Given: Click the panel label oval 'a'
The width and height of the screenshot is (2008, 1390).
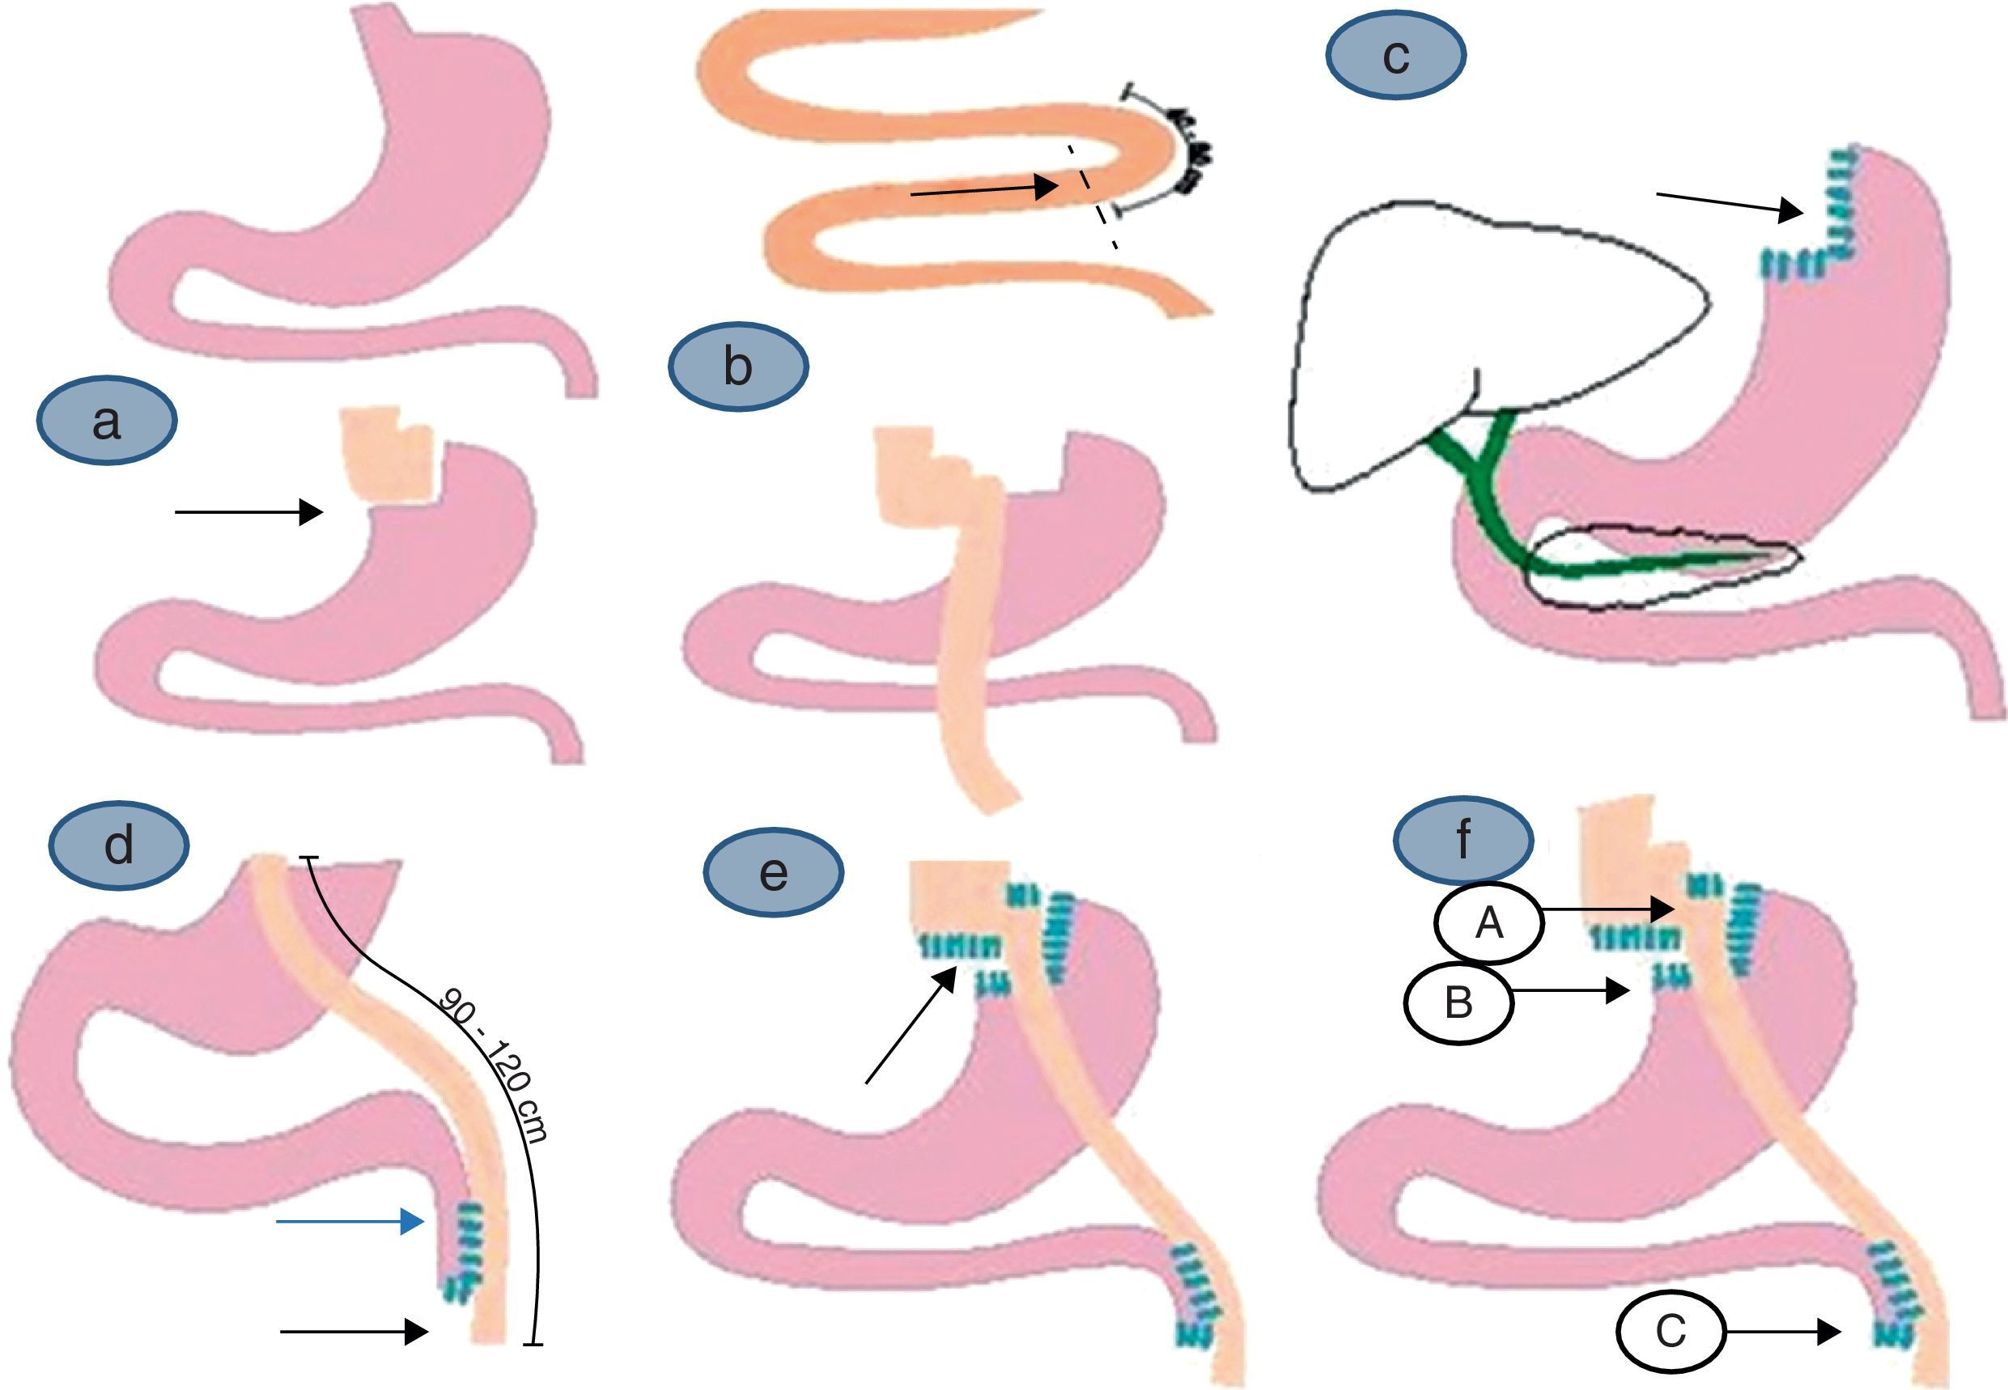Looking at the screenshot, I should click(x=106, y=421).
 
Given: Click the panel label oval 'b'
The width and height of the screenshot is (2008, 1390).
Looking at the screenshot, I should click(x=738, y=367).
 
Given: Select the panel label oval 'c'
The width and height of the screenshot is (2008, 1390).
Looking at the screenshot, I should click(x=1395, y=56).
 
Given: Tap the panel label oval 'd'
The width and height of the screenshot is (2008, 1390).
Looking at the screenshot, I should click(x=118, y=844).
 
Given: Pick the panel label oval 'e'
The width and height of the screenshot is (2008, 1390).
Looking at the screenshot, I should click(x=773, y=872).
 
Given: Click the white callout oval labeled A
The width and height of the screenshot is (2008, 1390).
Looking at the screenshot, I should click(x=1488, y=923).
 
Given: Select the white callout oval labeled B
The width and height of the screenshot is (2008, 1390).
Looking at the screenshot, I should click(x=1458, y=1002).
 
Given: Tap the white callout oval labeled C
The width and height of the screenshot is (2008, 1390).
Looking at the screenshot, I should click(x=1670, y=1332).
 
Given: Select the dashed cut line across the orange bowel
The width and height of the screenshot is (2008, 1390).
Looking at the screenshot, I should click(x=1093, y=197).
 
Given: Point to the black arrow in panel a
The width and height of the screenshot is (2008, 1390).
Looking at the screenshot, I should click(x=248, y=512).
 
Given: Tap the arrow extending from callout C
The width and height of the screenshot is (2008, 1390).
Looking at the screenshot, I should click(x=1782, y=1332).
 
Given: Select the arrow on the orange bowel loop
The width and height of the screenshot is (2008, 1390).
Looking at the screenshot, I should click(x=983, y=189).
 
